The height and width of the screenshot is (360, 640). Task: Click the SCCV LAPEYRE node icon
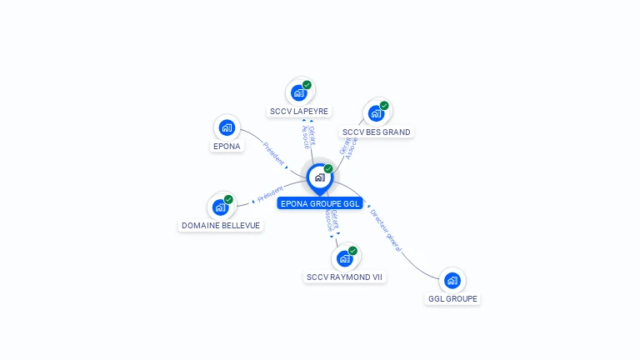click(299, 92)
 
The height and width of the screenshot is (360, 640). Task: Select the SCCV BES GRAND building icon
click(376, 113)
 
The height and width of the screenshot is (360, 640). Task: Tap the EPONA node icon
click(227, 127)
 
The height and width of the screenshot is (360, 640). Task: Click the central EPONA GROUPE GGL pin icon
click(319, 177)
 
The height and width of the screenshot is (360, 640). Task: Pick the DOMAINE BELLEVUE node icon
click(221, 207)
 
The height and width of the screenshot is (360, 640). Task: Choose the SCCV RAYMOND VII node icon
click(344, 258)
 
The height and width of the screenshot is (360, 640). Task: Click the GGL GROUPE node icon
click(452, 280)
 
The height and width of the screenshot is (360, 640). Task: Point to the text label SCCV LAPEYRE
click(299, 111)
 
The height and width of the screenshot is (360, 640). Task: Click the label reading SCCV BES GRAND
click(377, 132)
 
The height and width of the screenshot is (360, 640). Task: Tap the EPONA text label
click(227, 146)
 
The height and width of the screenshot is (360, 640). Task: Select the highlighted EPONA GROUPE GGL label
click(321, 202)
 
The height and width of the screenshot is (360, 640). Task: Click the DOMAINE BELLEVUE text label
click(221, 225)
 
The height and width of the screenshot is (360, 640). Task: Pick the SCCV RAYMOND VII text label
click(345, 277)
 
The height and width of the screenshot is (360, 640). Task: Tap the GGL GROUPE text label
click(453, 298)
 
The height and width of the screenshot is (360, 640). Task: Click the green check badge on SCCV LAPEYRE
click(307, 85)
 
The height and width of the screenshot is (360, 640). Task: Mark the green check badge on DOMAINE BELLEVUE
click(228, 199)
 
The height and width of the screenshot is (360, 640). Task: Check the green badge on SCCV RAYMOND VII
click(352, 251)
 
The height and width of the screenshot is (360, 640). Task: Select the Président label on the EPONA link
click(274, 152)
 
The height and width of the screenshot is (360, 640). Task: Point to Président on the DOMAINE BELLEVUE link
click(271, 194)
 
